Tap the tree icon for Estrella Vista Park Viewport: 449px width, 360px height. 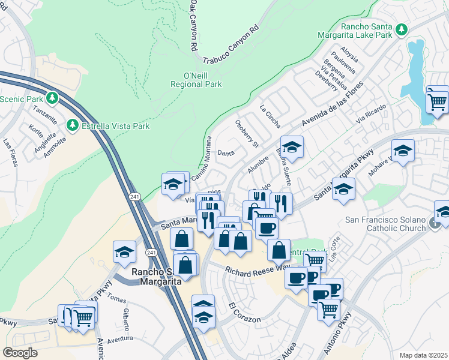(x=73, y=125)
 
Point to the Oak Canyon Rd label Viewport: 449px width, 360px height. (x=193, y=25)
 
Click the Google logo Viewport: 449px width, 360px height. (x=20, y=353)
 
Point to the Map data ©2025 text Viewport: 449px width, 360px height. (x=423, y=355)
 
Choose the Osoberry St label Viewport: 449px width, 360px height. (x=246, y=133)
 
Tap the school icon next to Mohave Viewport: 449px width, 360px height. (x=403, y=151)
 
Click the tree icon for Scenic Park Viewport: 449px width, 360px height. (x=52, y=97)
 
